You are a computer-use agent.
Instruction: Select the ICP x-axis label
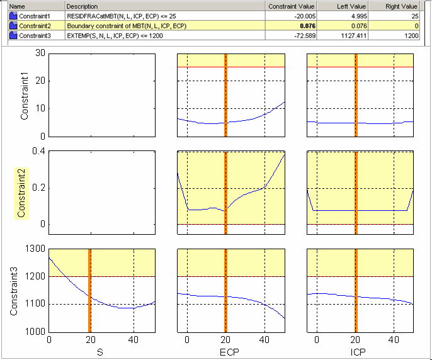click(360, 353)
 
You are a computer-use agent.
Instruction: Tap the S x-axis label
click(101, 353)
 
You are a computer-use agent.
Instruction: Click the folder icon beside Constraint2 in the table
click(13, 26)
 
